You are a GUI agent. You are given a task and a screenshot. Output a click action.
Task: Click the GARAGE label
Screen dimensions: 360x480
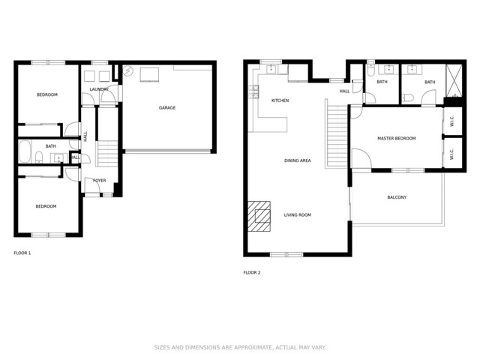[x=166, y=108]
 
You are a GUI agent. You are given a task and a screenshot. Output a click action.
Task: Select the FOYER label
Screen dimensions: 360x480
[x=99, y=181]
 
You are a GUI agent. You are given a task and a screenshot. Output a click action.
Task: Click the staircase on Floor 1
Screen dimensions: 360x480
[x=108, y=155]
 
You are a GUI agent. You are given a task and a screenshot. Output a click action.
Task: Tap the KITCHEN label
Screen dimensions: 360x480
[x=280, y=100]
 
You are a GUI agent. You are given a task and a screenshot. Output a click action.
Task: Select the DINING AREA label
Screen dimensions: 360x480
[x=297, y=160]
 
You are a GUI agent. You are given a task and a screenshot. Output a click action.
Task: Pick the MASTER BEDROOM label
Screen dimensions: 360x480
[x=396, y=139]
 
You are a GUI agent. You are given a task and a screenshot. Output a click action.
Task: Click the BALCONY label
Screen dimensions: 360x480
[x=397, y=197]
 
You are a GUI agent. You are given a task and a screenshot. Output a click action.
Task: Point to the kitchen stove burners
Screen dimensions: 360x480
[x=255, y=94]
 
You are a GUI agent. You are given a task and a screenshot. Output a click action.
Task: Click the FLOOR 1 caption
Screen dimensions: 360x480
[x=22, y=253]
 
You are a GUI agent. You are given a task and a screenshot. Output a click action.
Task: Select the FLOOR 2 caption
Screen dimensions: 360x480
[x=252, y=272]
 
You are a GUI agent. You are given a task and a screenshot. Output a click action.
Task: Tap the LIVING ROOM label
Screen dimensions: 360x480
[x=297, y=215]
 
